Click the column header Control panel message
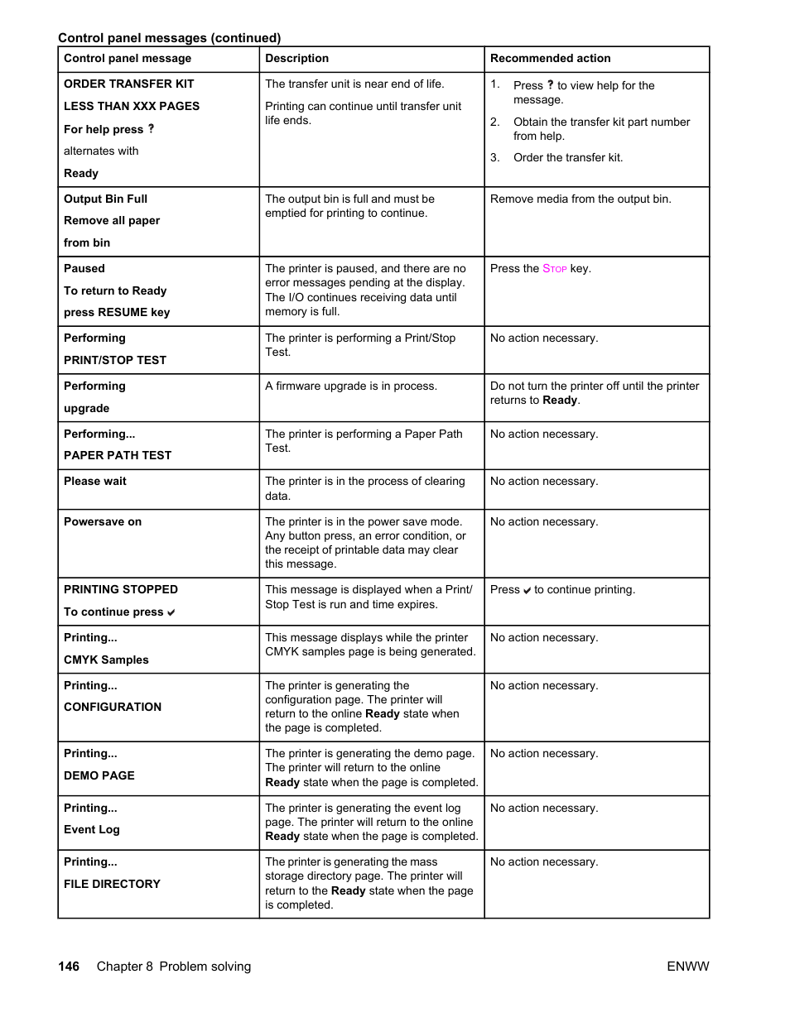pos(128,59)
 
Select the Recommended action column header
pos(550,59)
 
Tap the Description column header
pos(296,59)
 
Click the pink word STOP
pos(555,269)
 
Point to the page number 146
pos(69,967)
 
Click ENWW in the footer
pos(687,967)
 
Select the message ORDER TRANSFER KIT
pos(128,84)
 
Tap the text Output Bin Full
pos(105,199)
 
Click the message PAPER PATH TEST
pos(118,455)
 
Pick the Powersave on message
pos(103,522)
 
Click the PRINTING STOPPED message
pos(121,589)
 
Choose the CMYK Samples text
pos(106,660)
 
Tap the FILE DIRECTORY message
pos(112,884)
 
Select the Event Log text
pos(92,829)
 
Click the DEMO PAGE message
pos(99,775)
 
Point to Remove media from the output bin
pos(580,199)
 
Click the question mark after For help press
pos(151,129)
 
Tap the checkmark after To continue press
pos(171,613)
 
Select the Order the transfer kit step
pos(567,158)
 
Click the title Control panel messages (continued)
pos(169,38)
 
